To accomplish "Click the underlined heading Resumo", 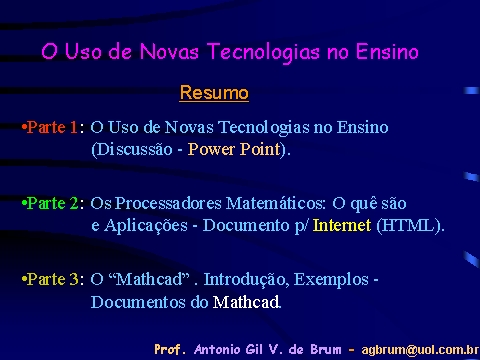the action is coord(214,93).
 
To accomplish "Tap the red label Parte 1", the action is coord(52,127).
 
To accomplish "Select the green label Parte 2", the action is coord(52,203).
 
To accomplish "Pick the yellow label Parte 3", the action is coord(52,279).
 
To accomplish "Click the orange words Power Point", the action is coord(234,149).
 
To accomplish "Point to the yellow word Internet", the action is coord(342,225).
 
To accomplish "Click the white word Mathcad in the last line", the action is coord(246,302).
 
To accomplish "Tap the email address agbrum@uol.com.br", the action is coord(420,350).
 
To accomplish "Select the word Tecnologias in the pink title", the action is coord(263,53).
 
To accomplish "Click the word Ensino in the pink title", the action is coord(387,52).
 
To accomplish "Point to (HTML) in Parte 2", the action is coord(410,226).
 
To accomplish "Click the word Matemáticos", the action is coord(275,203).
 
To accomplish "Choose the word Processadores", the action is coord(168,203).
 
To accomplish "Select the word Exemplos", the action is coord(331,280).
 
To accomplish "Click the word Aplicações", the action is coord(146,226).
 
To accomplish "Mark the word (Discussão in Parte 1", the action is coord(132,149).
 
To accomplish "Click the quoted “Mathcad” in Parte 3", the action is coord(152,279).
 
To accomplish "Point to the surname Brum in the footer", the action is coord(326,349).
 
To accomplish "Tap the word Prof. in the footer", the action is coord(168,349).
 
